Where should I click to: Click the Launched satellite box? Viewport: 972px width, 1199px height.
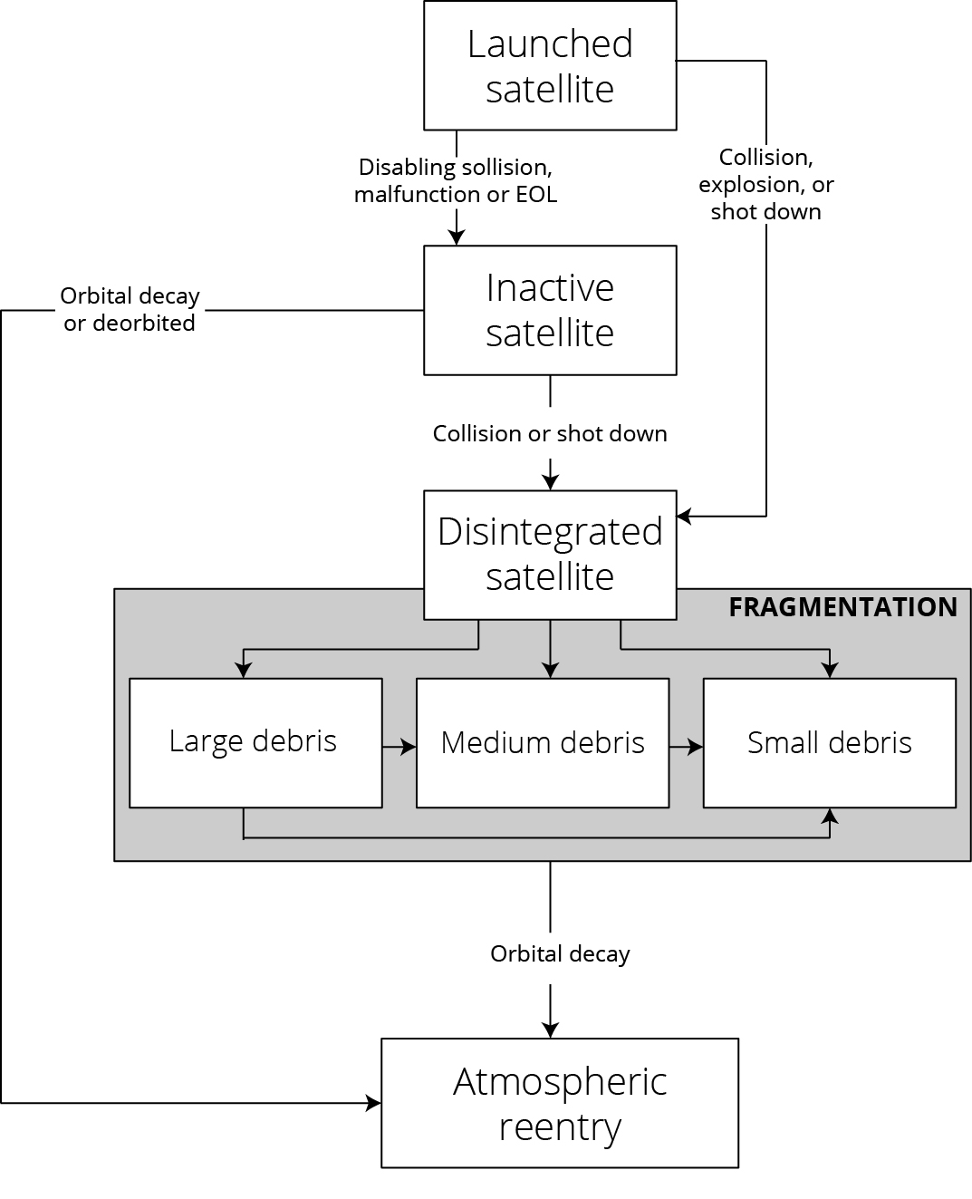click(x=550, y=65)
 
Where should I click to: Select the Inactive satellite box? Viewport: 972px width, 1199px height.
click(x=550, y=310)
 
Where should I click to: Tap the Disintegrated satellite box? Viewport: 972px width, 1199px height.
click(x=550, y=554)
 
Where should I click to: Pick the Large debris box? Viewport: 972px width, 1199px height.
click(x=255, y=742)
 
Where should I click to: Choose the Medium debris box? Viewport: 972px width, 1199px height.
click(x=543, y=742)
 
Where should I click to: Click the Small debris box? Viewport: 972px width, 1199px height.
click(x=829, y=742)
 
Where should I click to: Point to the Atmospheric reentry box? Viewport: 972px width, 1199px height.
click(x=560, y=1102)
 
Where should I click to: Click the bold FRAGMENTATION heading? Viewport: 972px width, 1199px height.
click(x=842, y=606)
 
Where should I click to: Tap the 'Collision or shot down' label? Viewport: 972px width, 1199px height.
click(x=550, y=433)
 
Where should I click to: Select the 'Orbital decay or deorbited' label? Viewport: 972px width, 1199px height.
click(x=130, y=309)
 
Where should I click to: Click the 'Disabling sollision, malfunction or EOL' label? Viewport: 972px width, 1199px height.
click(x=456, y=180)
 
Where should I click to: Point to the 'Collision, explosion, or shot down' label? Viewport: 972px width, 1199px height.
click(x=766, y=184)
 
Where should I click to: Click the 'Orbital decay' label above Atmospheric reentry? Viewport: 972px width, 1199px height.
click(x=560, y=953)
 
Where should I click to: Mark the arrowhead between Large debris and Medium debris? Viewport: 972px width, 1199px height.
click(x=409, y=747)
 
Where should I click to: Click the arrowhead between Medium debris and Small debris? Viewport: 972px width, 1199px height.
click(x=696, y=747)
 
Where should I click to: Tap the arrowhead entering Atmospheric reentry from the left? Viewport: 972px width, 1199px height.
click(x=373, y=1103)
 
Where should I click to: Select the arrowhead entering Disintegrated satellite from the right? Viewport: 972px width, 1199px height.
click(x=684, y=517)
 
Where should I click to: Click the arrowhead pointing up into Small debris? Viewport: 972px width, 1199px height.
click(x=829, y=816)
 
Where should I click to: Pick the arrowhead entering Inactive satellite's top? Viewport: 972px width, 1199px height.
click(x=457, y=237)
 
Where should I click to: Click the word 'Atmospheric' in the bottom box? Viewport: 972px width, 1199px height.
click(x=560, y=1081)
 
